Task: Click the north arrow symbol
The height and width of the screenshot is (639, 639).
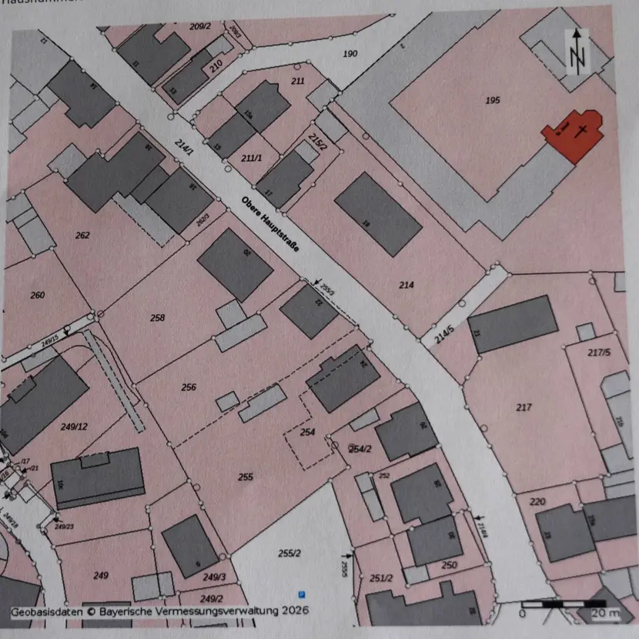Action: (578, 52)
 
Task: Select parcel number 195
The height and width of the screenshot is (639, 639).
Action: (493, 100)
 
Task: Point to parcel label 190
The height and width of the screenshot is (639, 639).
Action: (350, 53)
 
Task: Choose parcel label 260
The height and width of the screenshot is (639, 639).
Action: (37, 295)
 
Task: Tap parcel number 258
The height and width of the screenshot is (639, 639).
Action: (158, 317)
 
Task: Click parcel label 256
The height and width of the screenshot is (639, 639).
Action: (189, 387)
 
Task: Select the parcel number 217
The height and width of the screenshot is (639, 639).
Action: (524, 406)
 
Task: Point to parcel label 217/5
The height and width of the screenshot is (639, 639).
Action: (598, 352)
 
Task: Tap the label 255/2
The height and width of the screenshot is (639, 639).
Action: (289, 554)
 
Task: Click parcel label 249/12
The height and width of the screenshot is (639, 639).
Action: (75, 426)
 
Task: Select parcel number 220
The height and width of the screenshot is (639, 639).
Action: (537, 502)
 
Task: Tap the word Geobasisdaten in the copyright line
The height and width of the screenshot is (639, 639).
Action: (43, 611)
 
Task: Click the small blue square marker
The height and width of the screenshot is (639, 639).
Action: (303, 594)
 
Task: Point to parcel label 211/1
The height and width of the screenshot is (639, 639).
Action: (251, 158)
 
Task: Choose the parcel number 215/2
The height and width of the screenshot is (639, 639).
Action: (317, 141)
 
